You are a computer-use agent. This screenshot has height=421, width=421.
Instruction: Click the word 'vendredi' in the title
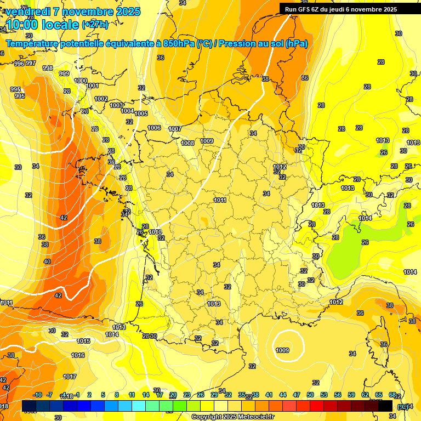[27, 12]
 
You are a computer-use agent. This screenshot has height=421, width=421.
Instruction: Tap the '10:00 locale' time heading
[43, 24]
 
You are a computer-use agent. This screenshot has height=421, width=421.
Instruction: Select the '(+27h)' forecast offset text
[95, 25]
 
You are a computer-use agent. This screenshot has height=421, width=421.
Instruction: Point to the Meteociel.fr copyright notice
[233, 417]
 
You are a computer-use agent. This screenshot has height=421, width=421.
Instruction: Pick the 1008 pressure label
[187, 143]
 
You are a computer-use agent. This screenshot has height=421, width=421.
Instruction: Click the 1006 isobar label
[155, 128]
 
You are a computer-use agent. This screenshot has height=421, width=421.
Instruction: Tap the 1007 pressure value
[175, 129]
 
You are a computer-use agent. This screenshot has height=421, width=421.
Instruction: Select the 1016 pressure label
[78, 355]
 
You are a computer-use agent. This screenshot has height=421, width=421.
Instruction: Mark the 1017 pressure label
[70, 377]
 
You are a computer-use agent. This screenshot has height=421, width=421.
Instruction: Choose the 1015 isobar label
[83, 341]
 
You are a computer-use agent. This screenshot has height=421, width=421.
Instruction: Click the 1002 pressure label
[101, 99]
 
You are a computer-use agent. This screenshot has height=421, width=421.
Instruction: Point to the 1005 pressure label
[141, 113]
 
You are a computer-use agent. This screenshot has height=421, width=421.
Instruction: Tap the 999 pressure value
[64, 73]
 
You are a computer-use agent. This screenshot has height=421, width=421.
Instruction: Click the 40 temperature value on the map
[47, 261]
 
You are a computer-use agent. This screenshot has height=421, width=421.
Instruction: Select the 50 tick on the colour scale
[310, 395]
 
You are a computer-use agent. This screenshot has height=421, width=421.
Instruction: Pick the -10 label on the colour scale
[38, 395]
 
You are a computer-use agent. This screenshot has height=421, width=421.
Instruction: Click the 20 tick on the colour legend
[173, 395]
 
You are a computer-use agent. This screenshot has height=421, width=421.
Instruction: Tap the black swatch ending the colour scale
[386, 406]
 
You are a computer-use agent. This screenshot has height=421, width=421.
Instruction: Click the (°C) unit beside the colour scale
[403, 406]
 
